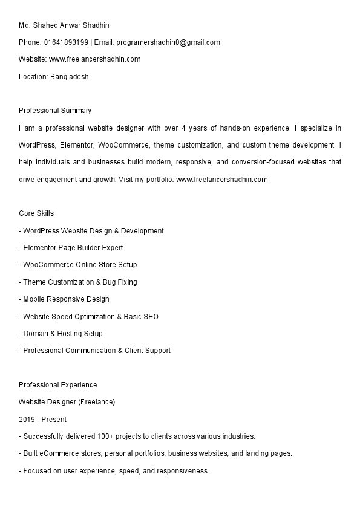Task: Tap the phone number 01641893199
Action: pos(66,42)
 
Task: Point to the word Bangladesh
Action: pos(69,77)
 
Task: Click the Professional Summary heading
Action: pos(55,111)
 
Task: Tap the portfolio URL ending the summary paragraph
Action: pos(221,180)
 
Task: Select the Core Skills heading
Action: pos(36,213)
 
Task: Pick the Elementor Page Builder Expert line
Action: pos(73,248)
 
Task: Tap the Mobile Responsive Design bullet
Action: pos(66,299)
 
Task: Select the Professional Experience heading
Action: pos(57,385)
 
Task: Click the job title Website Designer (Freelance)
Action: pos(67,402)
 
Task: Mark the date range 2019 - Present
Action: pos(42,419)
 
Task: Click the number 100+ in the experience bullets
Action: pos(123,436)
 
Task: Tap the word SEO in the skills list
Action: pos(151,317)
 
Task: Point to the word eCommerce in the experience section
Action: pos(59,453)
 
